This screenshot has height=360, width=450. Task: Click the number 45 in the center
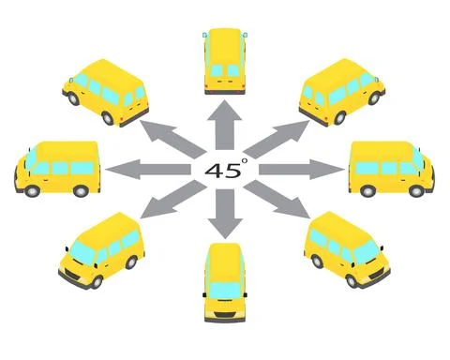point(221,171)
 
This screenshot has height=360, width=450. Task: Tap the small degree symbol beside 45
point(244,161)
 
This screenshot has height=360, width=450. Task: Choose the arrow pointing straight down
point(225,214)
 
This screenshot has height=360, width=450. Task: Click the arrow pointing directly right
point(305,170)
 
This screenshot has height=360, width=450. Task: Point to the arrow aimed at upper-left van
point(169,137)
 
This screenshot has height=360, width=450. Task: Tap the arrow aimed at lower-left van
point(169,202)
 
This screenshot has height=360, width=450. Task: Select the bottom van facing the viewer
point(224,281)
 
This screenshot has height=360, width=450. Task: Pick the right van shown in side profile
point(391,169)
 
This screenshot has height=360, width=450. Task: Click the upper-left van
point(104,91)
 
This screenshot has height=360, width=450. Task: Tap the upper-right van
point(343,91)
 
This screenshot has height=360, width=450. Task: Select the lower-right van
point(347,248)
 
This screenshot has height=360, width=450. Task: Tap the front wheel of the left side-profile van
point(33,189)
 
